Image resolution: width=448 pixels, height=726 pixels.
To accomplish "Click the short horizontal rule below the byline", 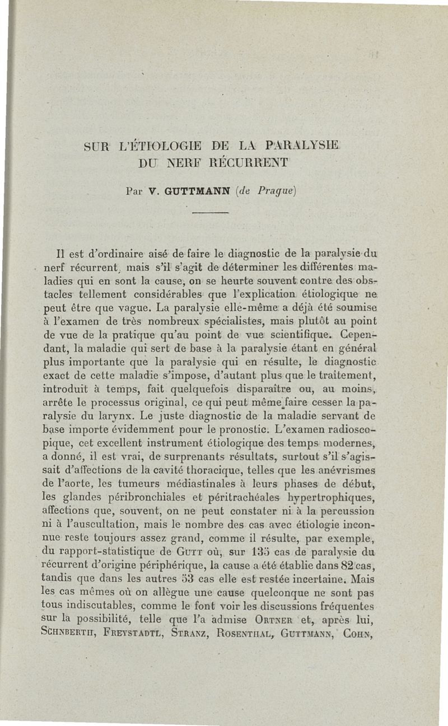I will click(211, 213).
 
